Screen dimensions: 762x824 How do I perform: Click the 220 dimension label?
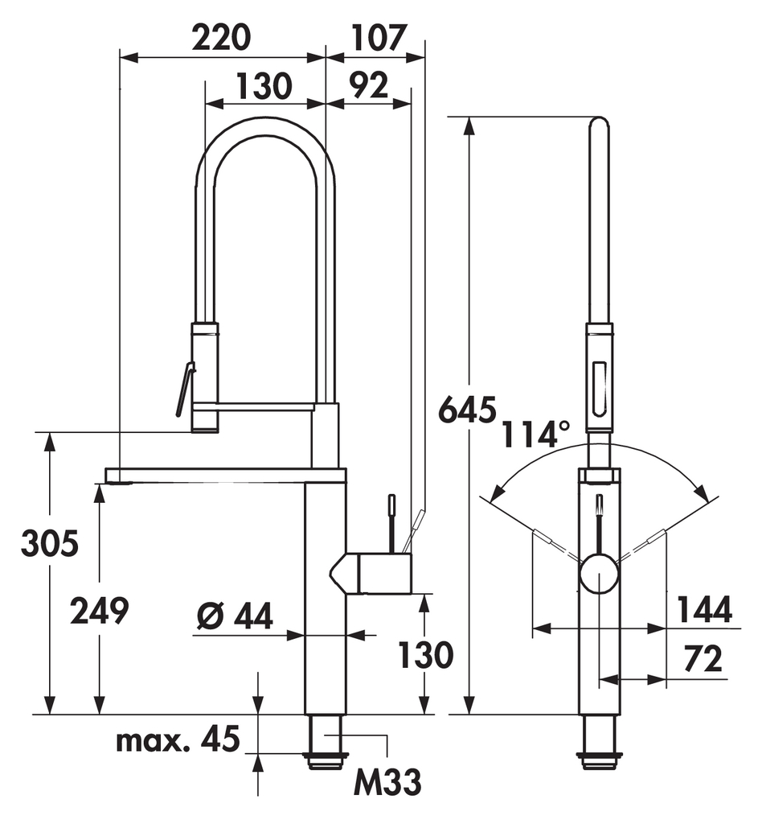(x=221, y=38)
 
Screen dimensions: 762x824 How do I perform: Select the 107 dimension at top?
(x=379, y=38)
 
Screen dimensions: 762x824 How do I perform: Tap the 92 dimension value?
(x=369, y=84)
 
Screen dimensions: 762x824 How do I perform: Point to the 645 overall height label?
(x=466, y=410)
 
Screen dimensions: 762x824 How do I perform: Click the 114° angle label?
(x=535, y=435)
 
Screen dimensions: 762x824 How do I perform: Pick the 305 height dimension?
(x=50, y=543)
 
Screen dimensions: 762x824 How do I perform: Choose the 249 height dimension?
(x=99, y=612)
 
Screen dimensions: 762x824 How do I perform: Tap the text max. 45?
(x=178, y=740)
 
